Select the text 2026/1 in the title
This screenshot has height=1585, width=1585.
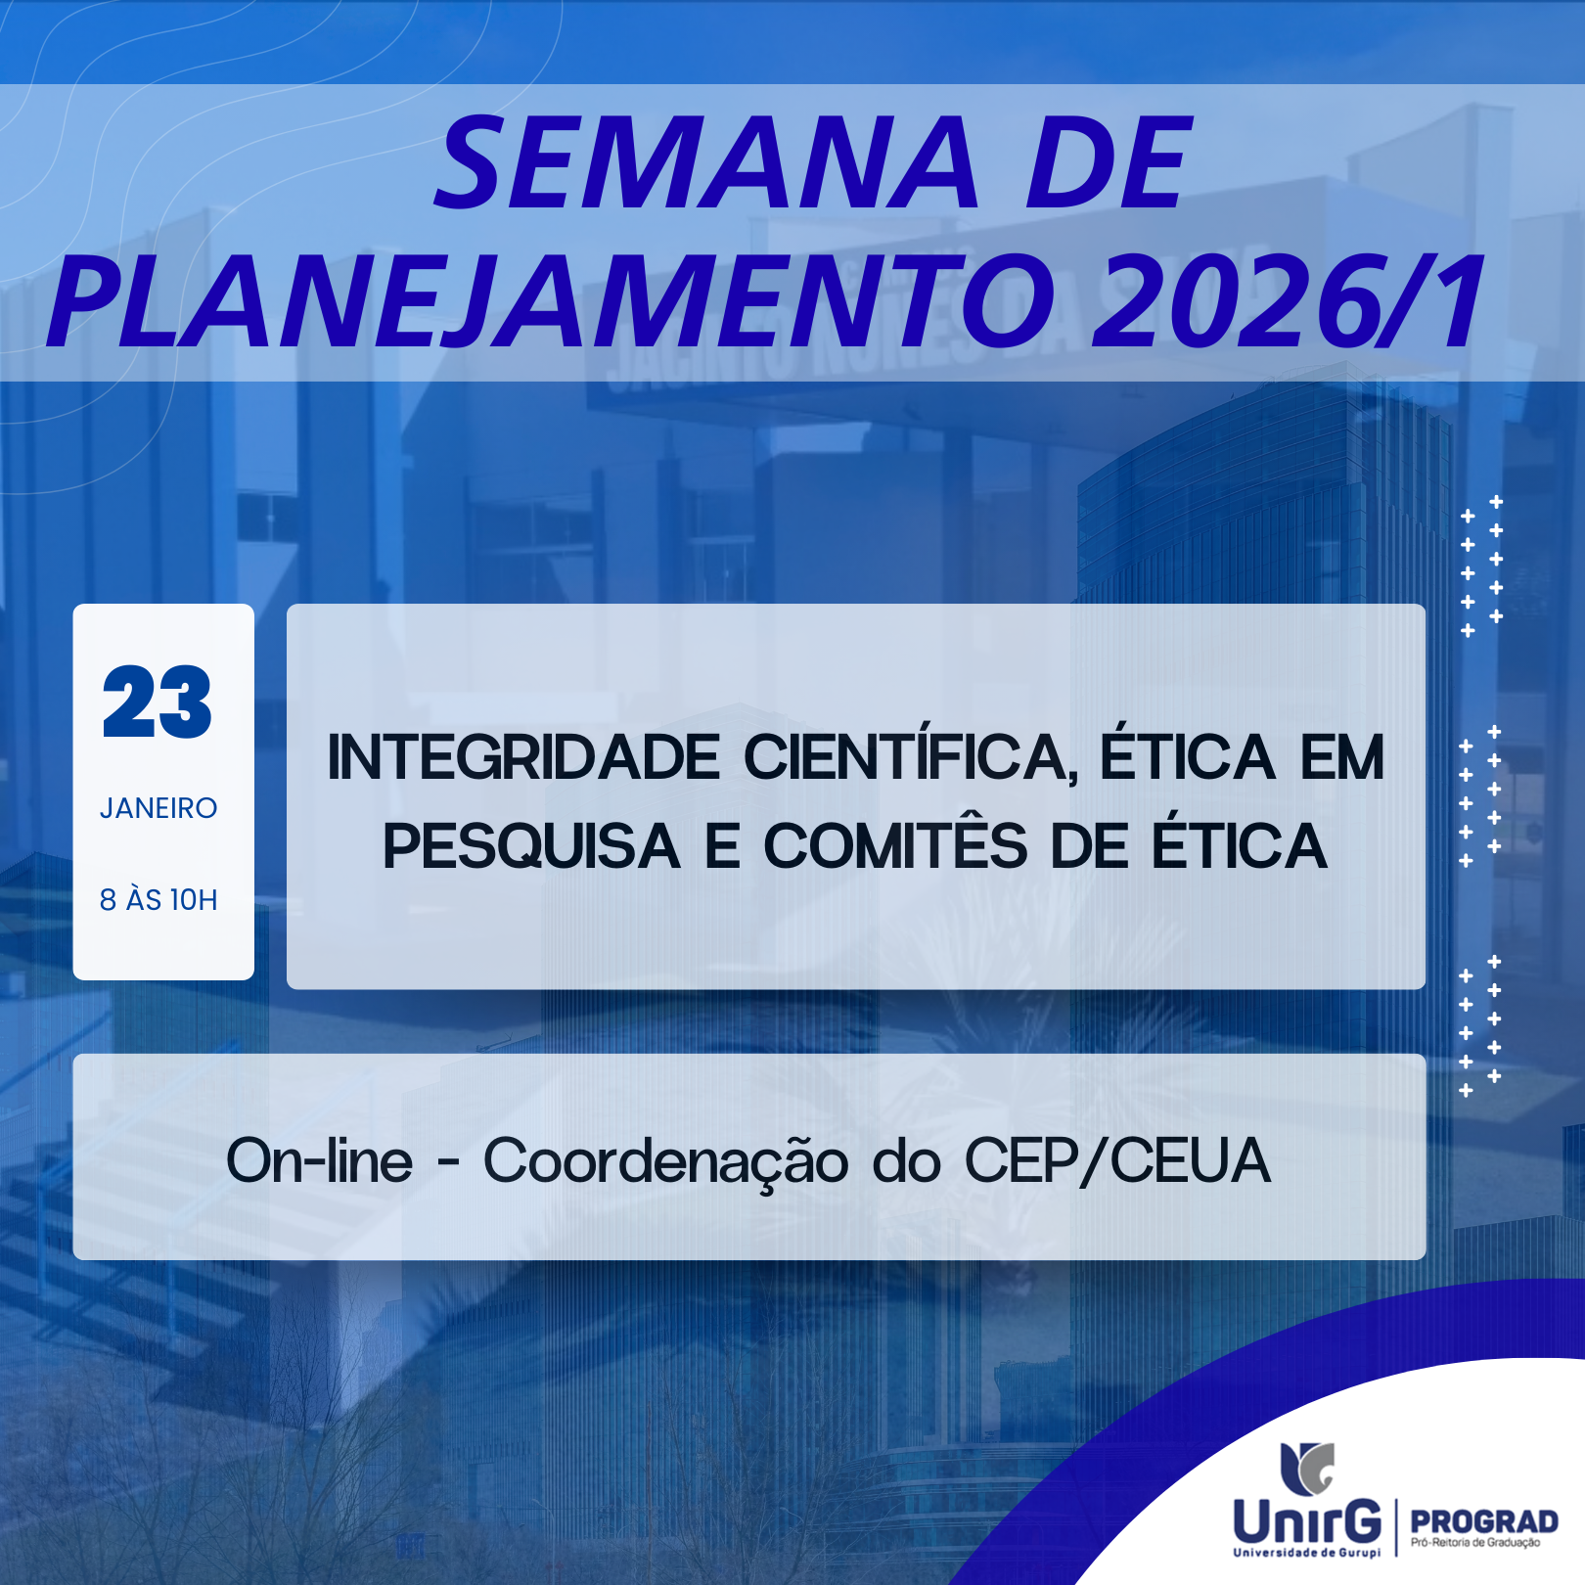(x=1289, y=301)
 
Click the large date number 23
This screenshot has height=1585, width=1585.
(x=157, y=702)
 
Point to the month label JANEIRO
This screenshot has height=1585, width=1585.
(x=158, y=808)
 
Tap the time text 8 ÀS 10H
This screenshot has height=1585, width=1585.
(x=158, y=899)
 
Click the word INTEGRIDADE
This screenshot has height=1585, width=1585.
(x=524, y=758)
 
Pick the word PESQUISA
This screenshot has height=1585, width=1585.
(x=531, y=847)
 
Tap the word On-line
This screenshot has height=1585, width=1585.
(x=320, y=1160)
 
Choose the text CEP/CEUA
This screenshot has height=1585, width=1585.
(x=1117, y=1161)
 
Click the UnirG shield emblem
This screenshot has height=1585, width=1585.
(x=1307, y=1468)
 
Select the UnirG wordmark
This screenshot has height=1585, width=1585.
(x=1307, y=1520)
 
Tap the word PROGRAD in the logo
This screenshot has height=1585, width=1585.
(x=1484, y=1522)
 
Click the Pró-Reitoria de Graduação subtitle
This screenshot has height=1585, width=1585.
(x=1475, y=1544)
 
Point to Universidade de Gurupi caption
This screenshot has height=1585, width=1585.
(x=1307, y=1553)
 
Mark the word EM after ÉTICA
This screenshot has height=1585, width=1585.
(x=1342, y=758)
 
